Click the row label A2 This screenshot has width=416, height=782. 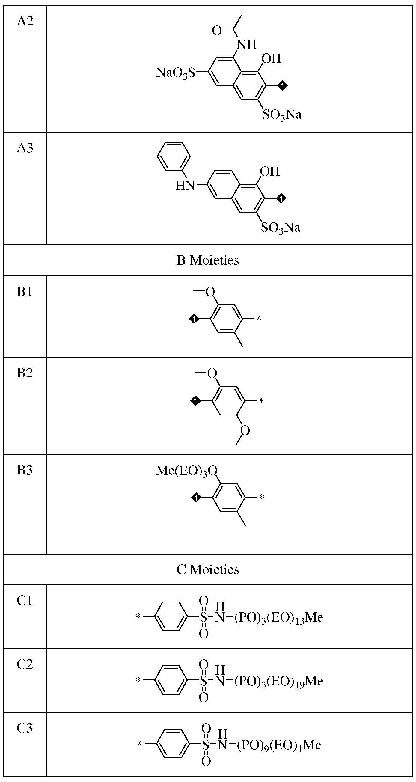(x=25, y=21)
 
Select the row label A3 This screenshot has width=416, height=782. (x=25, y=148)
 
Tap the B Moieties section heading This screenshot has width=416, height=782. (x=208, y=260)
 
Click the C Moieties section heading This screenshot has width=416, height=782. (x=208, y=569)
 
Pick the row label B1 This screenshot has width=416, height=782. (x=25, y=292)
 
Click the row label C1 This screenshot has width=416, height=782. (x=25, y=600)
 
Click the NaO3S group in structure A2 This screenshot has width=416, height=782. (x=176, y=73)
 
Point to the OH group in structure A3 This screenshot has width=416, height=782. (x=270, y=171)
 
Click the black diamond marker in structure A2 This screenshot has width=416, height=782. (x=283, y=86)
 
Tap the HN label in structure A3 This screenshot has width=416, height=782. (x=185, y=185)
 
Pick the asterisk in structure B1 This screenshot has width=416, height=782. (x=259, y=319)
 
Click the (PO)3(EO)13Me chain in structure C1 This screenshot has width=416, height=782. (x=279, y=618)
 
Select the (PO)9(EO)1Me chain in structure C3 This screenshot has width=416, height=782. (x=279, y=745)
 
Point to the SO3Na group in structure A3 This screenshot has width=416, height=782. (x=281, y=228)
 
